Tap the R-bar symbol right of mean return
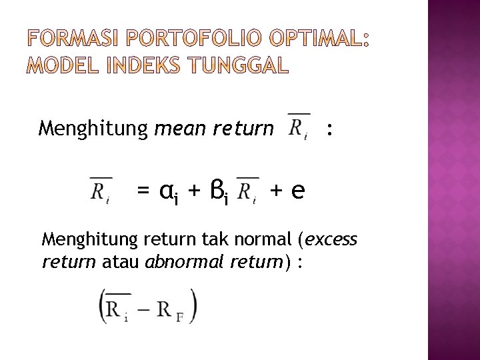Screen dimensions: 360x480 tap(297, 125)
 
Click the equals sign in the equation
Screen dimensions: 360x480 tap(143, 191)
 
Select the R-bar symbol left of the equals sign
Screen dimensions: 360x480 tap(101, 189)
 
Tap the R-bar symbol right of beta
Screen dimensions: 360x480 tap(247, 189)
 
